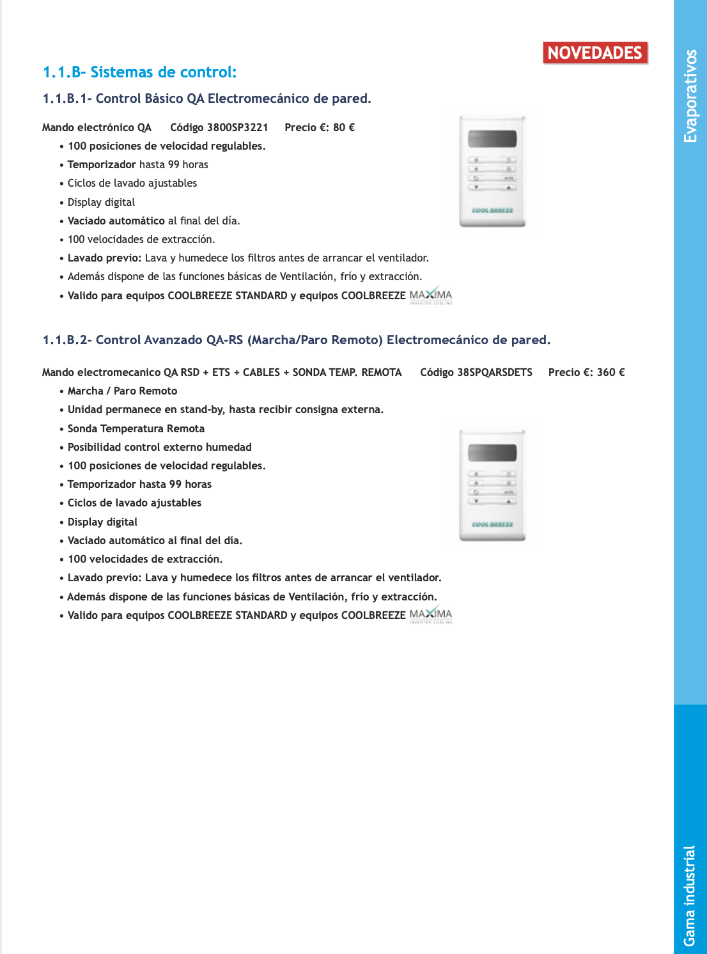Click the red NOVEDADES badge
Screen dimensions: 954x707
[x=595, y=53]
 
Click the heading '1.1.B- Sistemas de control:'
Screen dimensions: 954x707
[x=139, y=72]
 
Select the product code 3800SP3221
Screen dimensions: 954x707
[x=237, y=127]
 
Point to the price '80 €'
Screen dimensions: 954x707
[x=344, y=127]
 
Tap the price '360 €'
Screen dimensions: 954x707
[x=610, y=372]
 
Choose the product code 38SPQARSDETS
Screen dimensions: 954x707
[x=495, y=372]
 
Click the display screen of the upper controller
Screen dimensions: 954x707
[x=492, y=139]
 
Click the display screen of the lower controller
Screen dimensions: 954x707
[x=492, y=453]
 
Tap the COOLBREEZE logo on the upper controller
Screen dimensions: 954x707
[x=492, y=210]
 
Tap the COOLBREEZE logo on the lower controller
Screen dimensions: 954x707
[x=492, y=524]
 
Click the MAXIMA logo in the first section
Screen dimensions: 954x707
[x=431, y=295]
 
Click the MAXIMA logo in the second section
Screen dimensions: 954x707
[x=431, y=615]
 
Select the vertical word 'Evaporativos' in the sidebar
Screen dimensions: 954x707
[x=690, y=96]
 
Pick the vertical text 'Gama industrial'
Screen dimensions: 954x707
[x=689, y=895]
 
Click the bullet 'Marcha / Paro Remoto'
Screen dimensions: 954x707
[x=122, y=391]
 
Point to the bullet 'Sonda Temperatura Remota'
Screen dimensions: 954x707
[x=136, y=428]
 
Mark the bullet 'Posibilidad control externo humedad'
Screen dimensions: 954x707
[x=159, y=447]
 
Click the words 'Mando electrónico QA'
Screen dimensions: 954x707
[x=97, y=127]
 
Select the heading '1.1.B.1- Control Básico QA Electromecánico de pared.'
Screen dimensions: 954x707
[x=206, y=98]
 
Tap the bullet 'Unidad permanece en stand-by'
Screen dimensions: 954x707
[x=225, y=409]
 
